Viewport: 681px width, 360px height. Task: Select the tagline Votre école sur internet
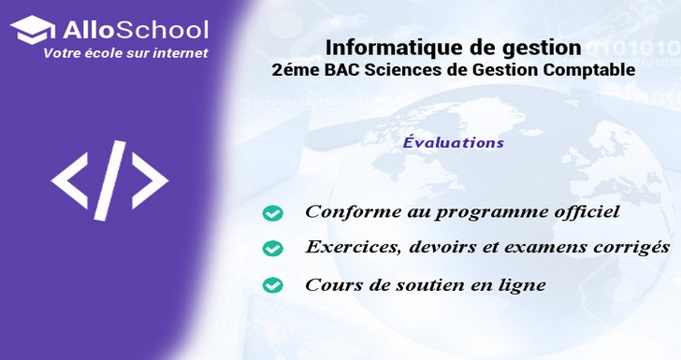click(125, 53)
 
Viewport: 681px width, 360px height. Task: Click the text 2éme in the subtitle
click(291, 69)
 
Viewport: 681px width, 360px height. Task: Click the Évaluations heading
click(454, 143)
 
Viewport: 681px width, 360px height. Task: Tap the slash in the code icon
click(109, 178)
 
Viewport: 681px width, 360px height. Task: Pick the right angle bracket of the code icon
click(150, 178)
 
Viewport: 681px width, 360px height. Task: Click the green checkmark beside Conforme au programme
click(272, 214)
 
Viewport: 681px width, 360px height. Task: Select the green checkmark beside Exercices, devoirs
click(272, 249)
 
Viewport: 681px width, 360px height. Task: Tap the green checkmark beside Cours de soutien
click(272, 284)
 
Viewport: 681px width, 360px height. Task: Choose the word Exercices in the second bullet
click(346, 248)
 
